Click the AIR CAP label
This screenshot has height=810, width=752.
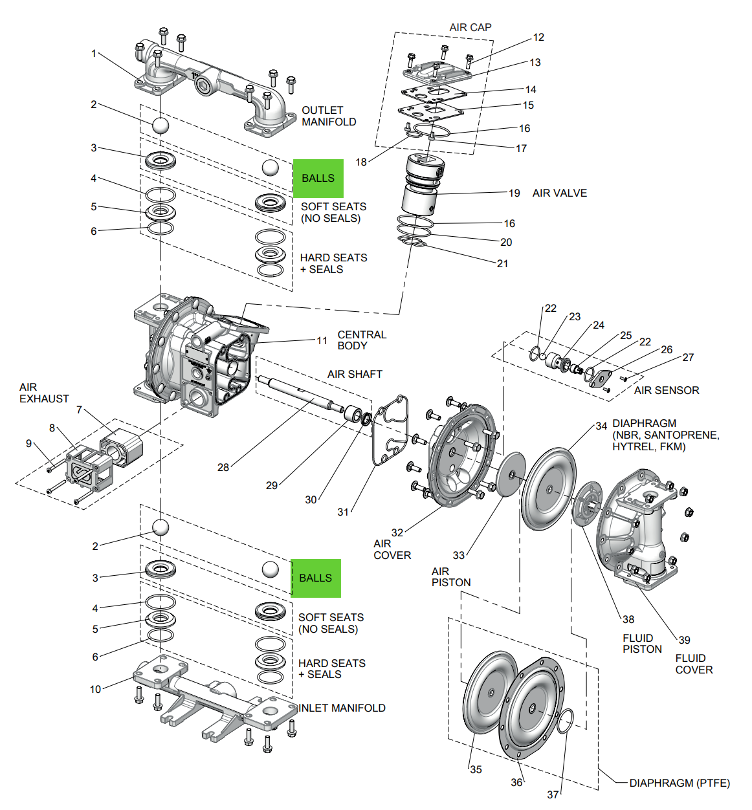pos(470,27)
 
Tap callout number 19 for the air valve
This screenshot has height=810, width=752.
pos(514,193)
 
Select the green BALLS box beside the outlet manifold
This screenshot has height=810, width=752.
pos(318,178)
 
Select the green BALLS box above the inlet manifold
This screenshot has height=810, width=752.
pos(316,578)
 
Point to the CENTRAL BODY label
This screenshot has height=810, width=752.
pos(362,340)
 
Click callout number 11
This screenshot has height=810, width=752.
pos(322,340)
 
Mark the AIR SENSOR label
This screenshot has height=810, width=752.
pos(667,390)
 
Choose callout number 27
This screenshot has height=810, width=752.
pos(688,357)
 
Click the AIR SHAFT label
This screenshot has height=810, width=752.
pos(355,374)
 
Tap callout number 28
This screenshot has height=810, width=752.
pos(223,467)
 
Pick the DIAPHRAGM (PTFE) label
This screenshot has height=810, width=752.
pos(680,783)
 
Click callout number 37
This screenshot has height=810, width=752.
pos(553,794)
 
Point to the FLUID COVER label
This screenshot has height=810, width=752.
pos(694,664)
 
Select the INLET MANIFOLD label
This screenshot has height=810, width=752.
pos(342,708)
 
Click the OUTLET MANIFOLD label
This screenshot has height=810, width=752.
pos(329,116)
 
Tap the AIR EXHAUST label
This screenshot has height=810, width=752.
pos(44,393)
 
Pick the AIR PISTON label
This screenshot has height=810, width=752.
pos(451,576)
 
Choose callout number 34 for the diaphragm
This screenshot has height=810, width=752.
pos(601,426)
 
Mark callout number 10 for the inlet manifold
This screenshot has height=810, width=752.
pos(95,689)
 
